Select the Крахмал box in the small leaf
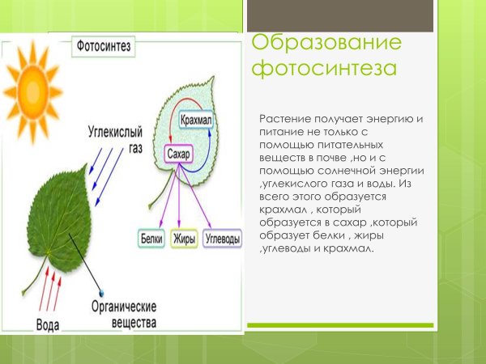coord(197,121)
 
